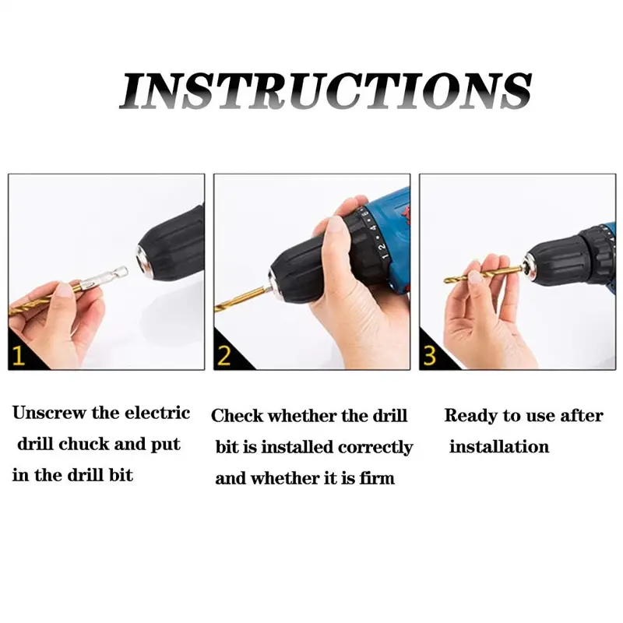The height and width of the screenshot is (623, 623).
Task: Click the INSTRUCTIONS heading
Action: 326,90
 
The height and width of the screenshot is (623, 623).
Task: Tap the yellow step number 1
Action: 18,356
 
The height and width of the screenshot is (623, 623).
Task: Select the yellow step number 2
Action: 224,356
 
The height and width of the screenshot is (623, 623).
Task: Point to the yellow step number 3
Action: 430,356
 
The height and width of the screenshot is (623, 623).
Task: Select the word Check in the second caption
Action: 237,416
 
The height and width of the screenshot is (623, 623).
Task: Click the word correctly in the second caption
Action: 375,448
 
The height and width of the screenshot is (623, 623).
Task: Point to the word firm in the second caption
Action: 377,478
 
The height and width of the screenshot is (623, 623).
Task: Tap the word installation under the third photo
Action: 499,446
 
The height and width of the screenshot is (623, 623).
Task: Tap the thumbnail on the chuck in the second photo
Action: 336,226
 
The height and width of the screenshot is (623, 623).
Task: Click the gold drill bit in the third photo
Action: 484,275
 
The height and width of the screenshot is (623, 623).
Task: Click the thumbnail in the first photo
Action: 62,289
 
